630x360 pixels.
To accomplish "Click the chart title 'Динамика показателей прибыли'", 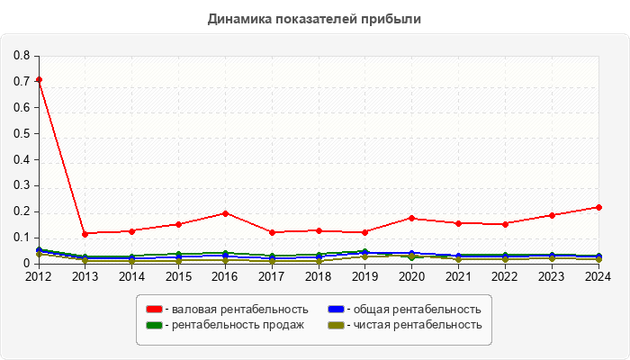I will point(314,18).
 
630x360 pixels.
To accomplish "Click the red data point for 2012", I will point(39,80).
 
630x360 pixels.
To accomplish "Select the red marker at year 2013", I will point(85,234).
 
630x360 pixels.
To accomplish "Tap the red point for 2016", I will point(225,213).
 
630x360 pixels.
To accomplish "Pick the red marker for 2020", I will point(411,218).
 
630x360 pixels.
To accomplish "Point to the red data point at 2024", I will point(598,207).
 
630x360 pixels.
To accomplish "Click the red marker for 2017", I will point(272,232).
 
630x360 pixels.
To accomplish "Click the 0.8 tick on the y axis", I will point(22,56).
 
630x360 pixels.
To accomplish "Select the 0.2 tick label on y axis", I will point(22,211).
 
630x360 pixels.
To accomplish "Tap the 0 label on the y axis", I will point(26,264).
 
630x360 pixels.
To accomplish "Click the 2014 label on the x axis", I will point(131,276).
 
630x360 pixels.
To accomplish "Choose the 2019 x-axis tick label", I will point(365,276).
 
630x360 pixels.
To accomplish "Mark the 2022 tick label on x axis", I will point(505,276).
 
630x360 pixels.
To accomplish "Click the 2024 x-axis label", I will point(598,276).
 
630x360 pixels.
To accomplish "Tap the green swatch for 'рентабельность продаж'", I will point(154,325).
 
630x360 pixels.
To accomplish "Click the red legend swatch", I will point(154,310).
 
